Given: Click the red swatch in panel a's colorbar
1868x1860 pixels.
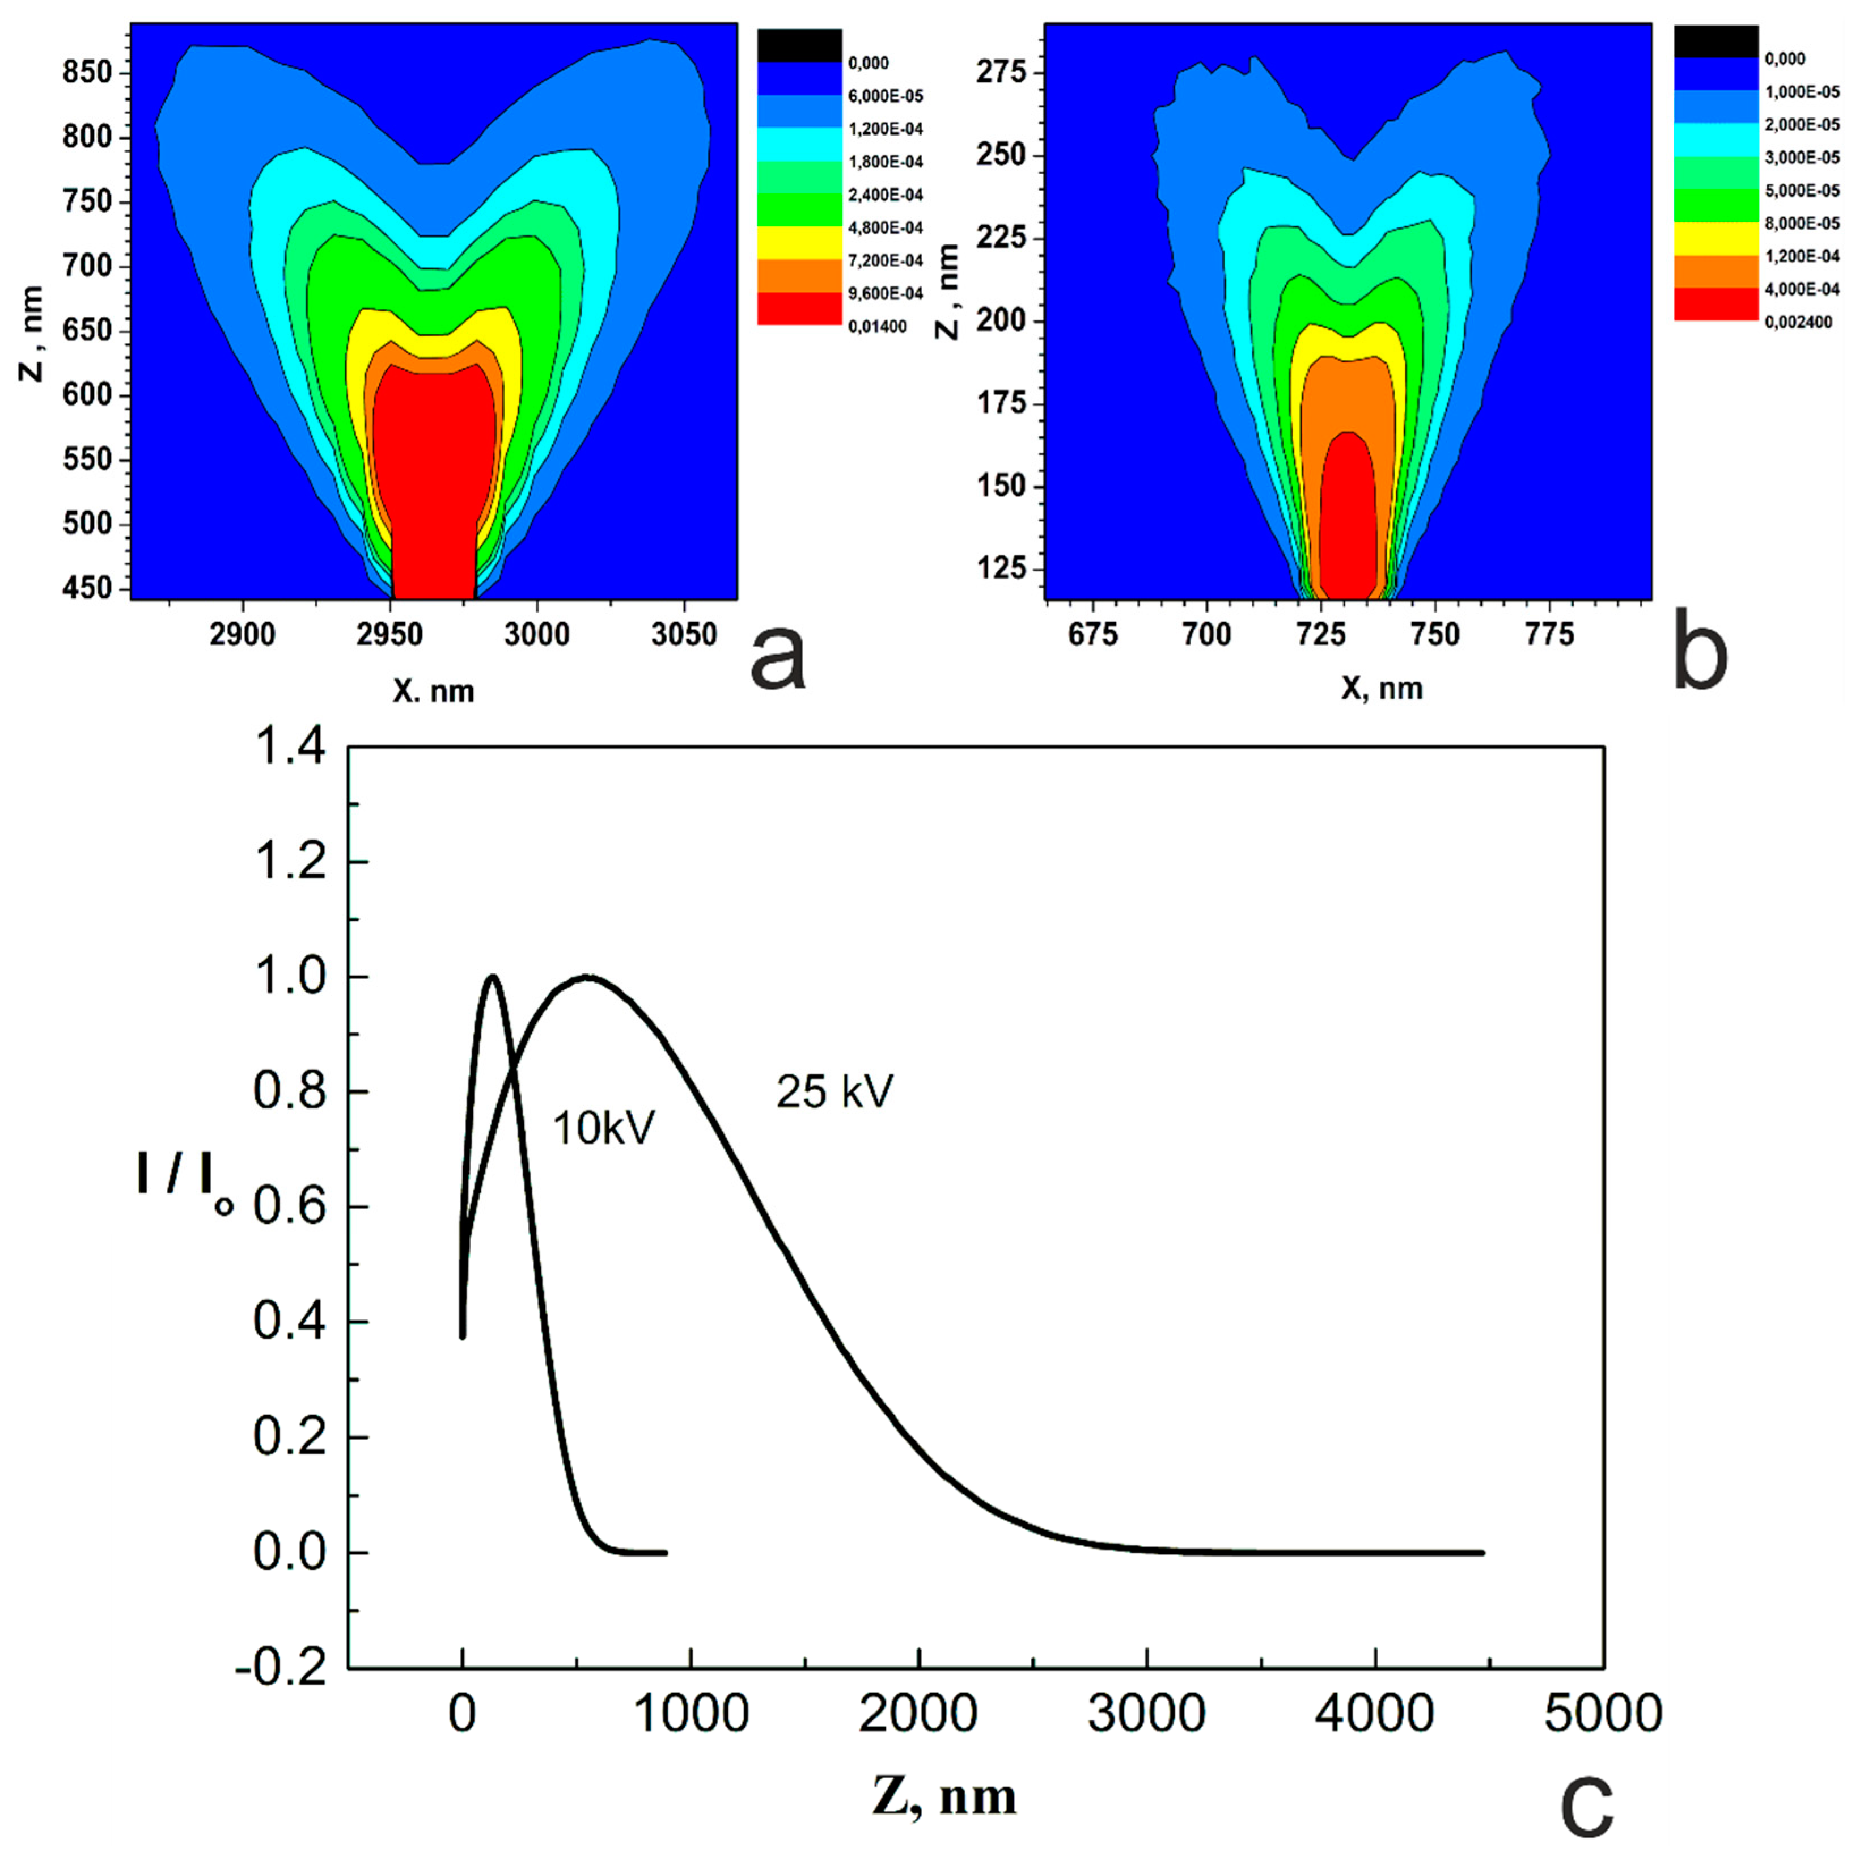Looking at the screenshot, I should [x=799, y=307].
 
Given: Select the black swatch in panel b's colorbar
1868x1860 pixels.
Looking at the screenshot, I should [x=1715, y=41].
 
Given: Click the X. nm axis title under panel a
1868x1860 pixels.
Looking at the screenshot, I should [x=433, y=690].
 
